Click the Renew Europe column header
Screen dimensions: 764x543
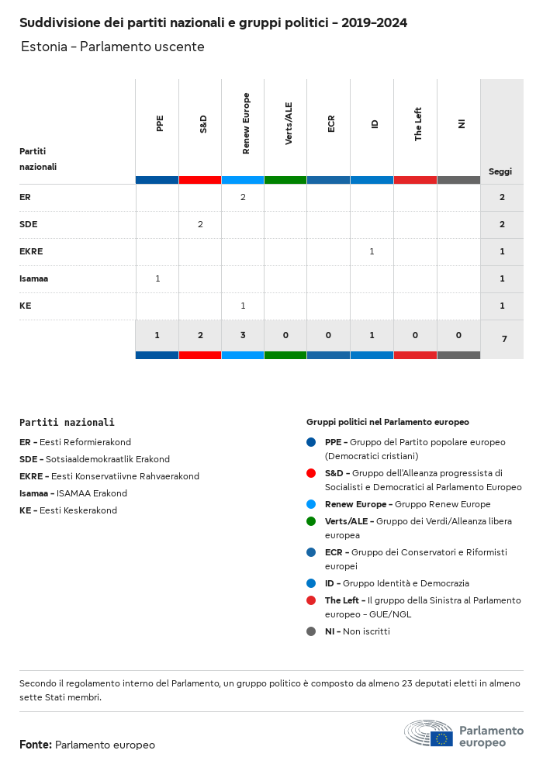pos(246,123)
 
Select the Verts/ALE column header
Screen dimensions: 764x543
pos(289,123)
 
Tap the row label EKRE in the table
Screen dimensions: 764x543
pos(31,251)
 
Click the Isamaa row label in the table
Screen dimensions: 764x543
pos(34,278)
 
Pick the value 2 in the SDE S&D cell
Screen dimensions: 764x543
pos(200,224)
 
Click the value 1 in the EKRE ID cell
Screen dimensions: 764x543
pos(372,251)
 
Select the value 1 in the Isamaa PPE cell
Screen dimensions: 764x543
pos(157,278)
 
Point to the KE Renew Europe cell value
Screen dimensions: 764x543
pos(243,306)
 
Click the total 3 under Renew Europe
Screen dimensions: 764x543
pos(243,335)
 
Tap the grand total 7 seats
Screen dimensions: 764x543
pos(502,339)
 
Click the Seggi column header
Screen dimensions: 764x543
pos(500,171)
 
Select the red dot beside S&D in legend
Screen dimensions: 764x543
pos(311,473)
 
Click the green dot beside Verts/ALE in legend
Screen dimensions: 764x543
pos(311,521)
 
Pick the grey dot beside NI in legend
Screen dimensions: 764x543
pos(311,631)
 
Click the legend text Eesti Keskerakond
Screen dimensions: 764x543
pos(78,510)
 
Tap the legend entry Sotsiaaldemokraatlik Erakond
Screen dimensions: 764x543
pos(104,459)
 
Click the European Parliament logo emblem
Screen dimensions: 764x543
pos(429,734)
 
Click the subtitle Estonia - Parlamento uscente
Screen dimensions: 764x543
pos(112,47)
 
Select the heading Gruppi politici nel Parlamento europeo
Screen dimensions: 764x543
pos(387,422)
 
